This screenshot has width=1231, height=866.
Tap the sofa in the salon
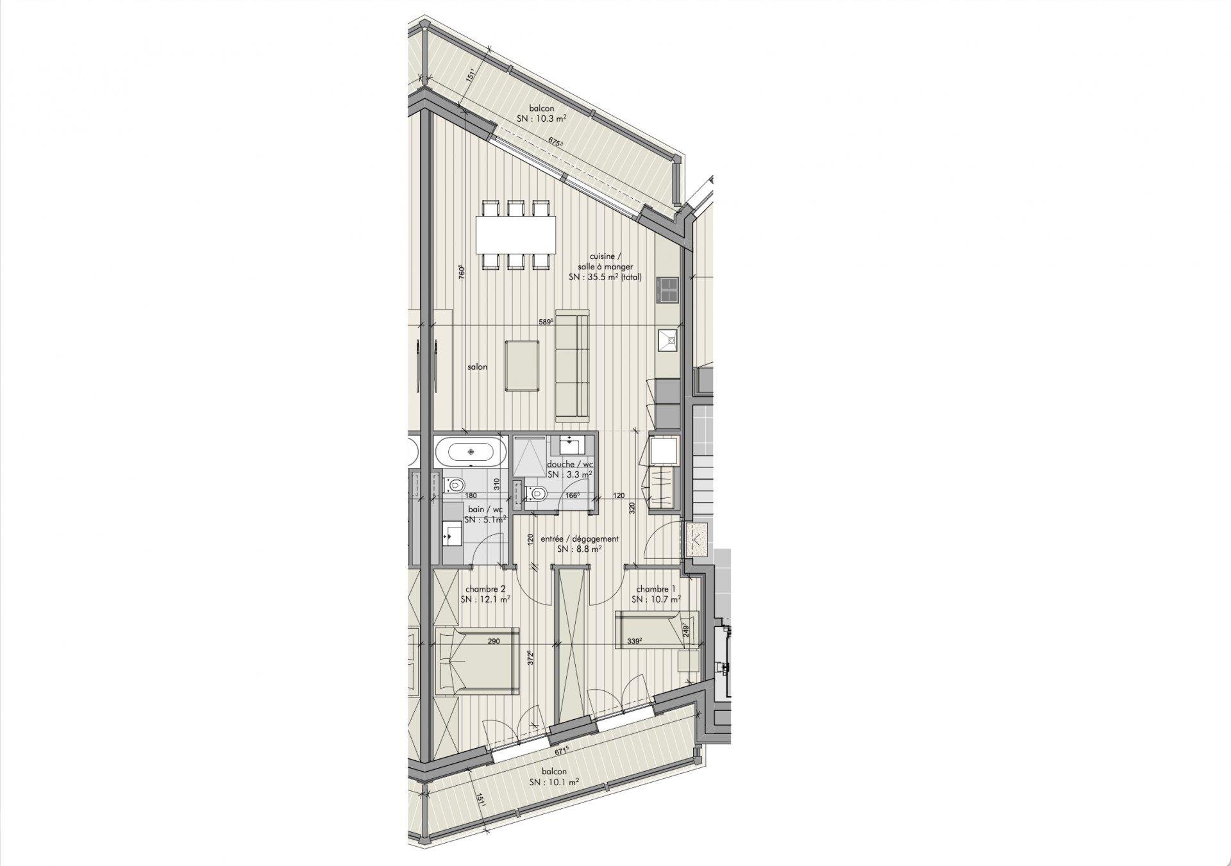tap(572, 366)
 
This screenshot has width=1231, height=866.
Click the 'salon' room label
tap(477, 367)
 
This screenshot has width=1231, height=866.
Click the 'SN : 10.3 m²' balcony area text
tap(542, 119)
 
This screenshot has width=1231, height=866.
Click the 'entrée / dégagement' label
tap(579, 539)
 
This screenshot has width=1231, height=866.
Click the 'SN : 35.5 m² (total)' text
tap(605, 278)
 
